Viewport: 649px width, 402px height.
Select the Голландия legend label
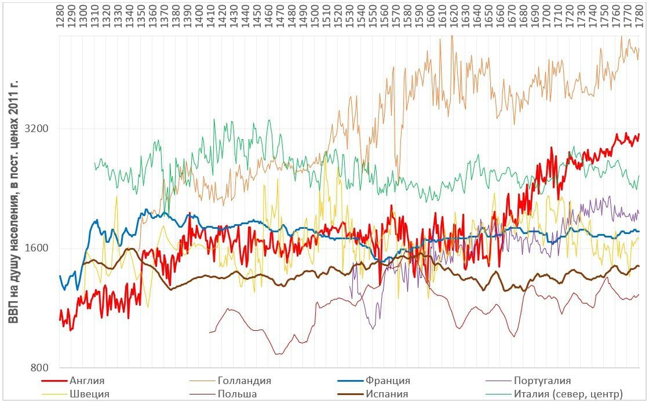point(245,381)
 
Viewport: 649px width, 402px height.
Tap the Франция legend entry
point(388,381)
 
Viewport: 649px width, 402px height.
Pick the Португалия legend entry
point(542,381)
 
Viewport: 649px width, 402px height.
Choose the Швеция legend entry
point(89,394)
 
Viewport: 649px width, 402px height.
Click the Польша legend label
point(238,394)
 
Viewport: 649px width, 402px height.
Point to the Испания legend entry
point(387,394)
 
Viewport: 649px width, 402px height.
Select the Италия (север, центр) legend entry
point(568,394)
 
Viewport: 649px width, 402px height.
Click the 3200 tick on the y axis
point(37,129)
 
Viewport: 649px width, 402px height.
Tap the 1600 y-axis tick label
point(37,248)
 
